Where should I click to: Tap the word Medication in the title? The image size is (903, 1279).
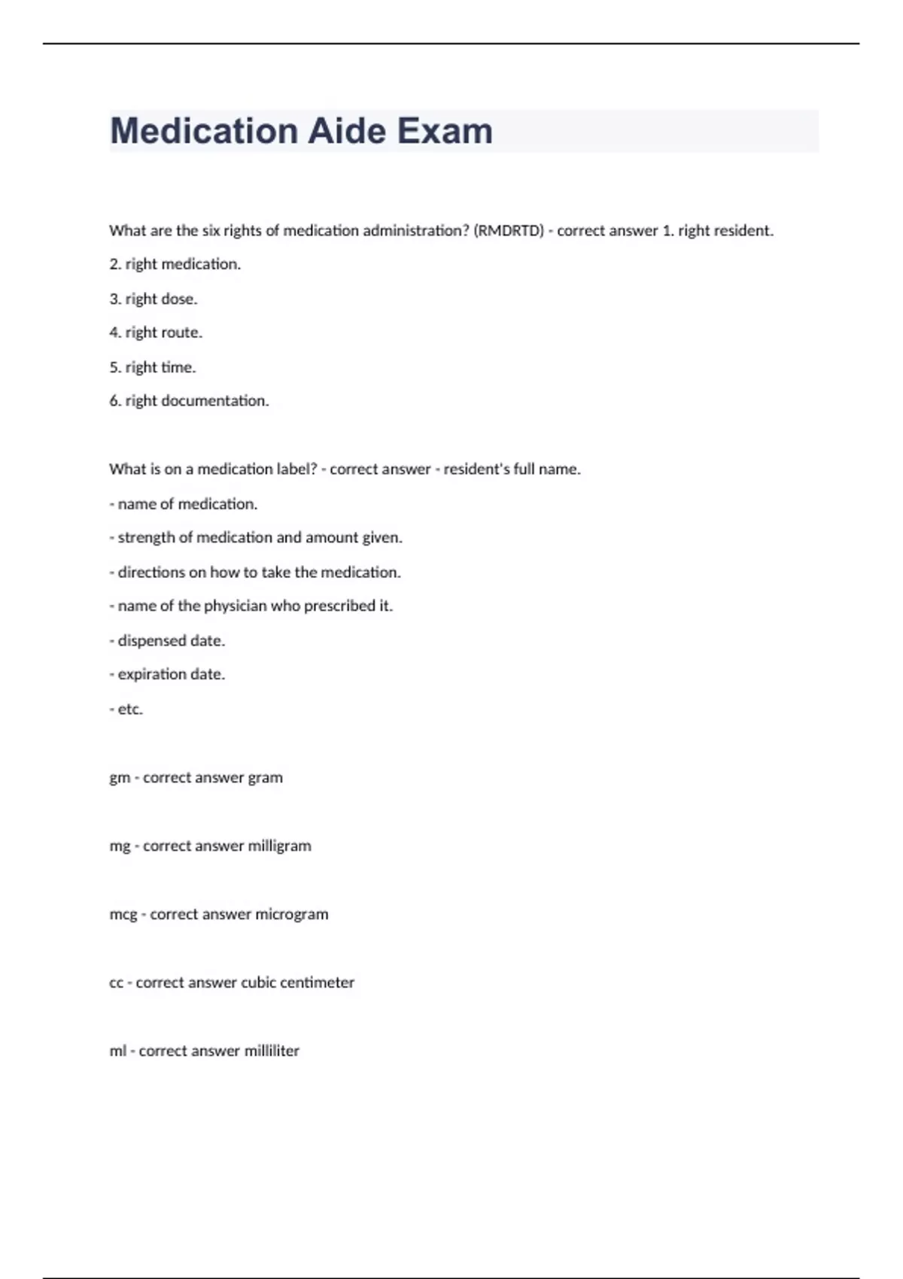(204, 131)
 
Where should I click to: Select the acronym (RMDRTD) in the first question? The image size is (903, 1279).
(509, 231)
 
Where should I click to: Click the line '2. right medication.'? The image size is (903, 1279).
(175, 264)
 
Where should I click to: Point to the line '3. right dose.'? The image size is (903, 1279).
(154, 299)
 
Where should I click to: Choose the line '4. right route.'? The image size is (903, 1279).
(156, 333)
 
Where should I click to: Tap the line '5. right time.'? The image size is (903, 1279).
(153, 367)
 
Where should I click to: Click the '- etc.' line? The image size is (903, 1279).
(126, 709)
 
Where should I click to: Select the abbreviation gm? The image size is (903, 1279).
(119, 778)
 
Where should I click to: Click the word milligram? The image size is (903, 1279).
(279, 846)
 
